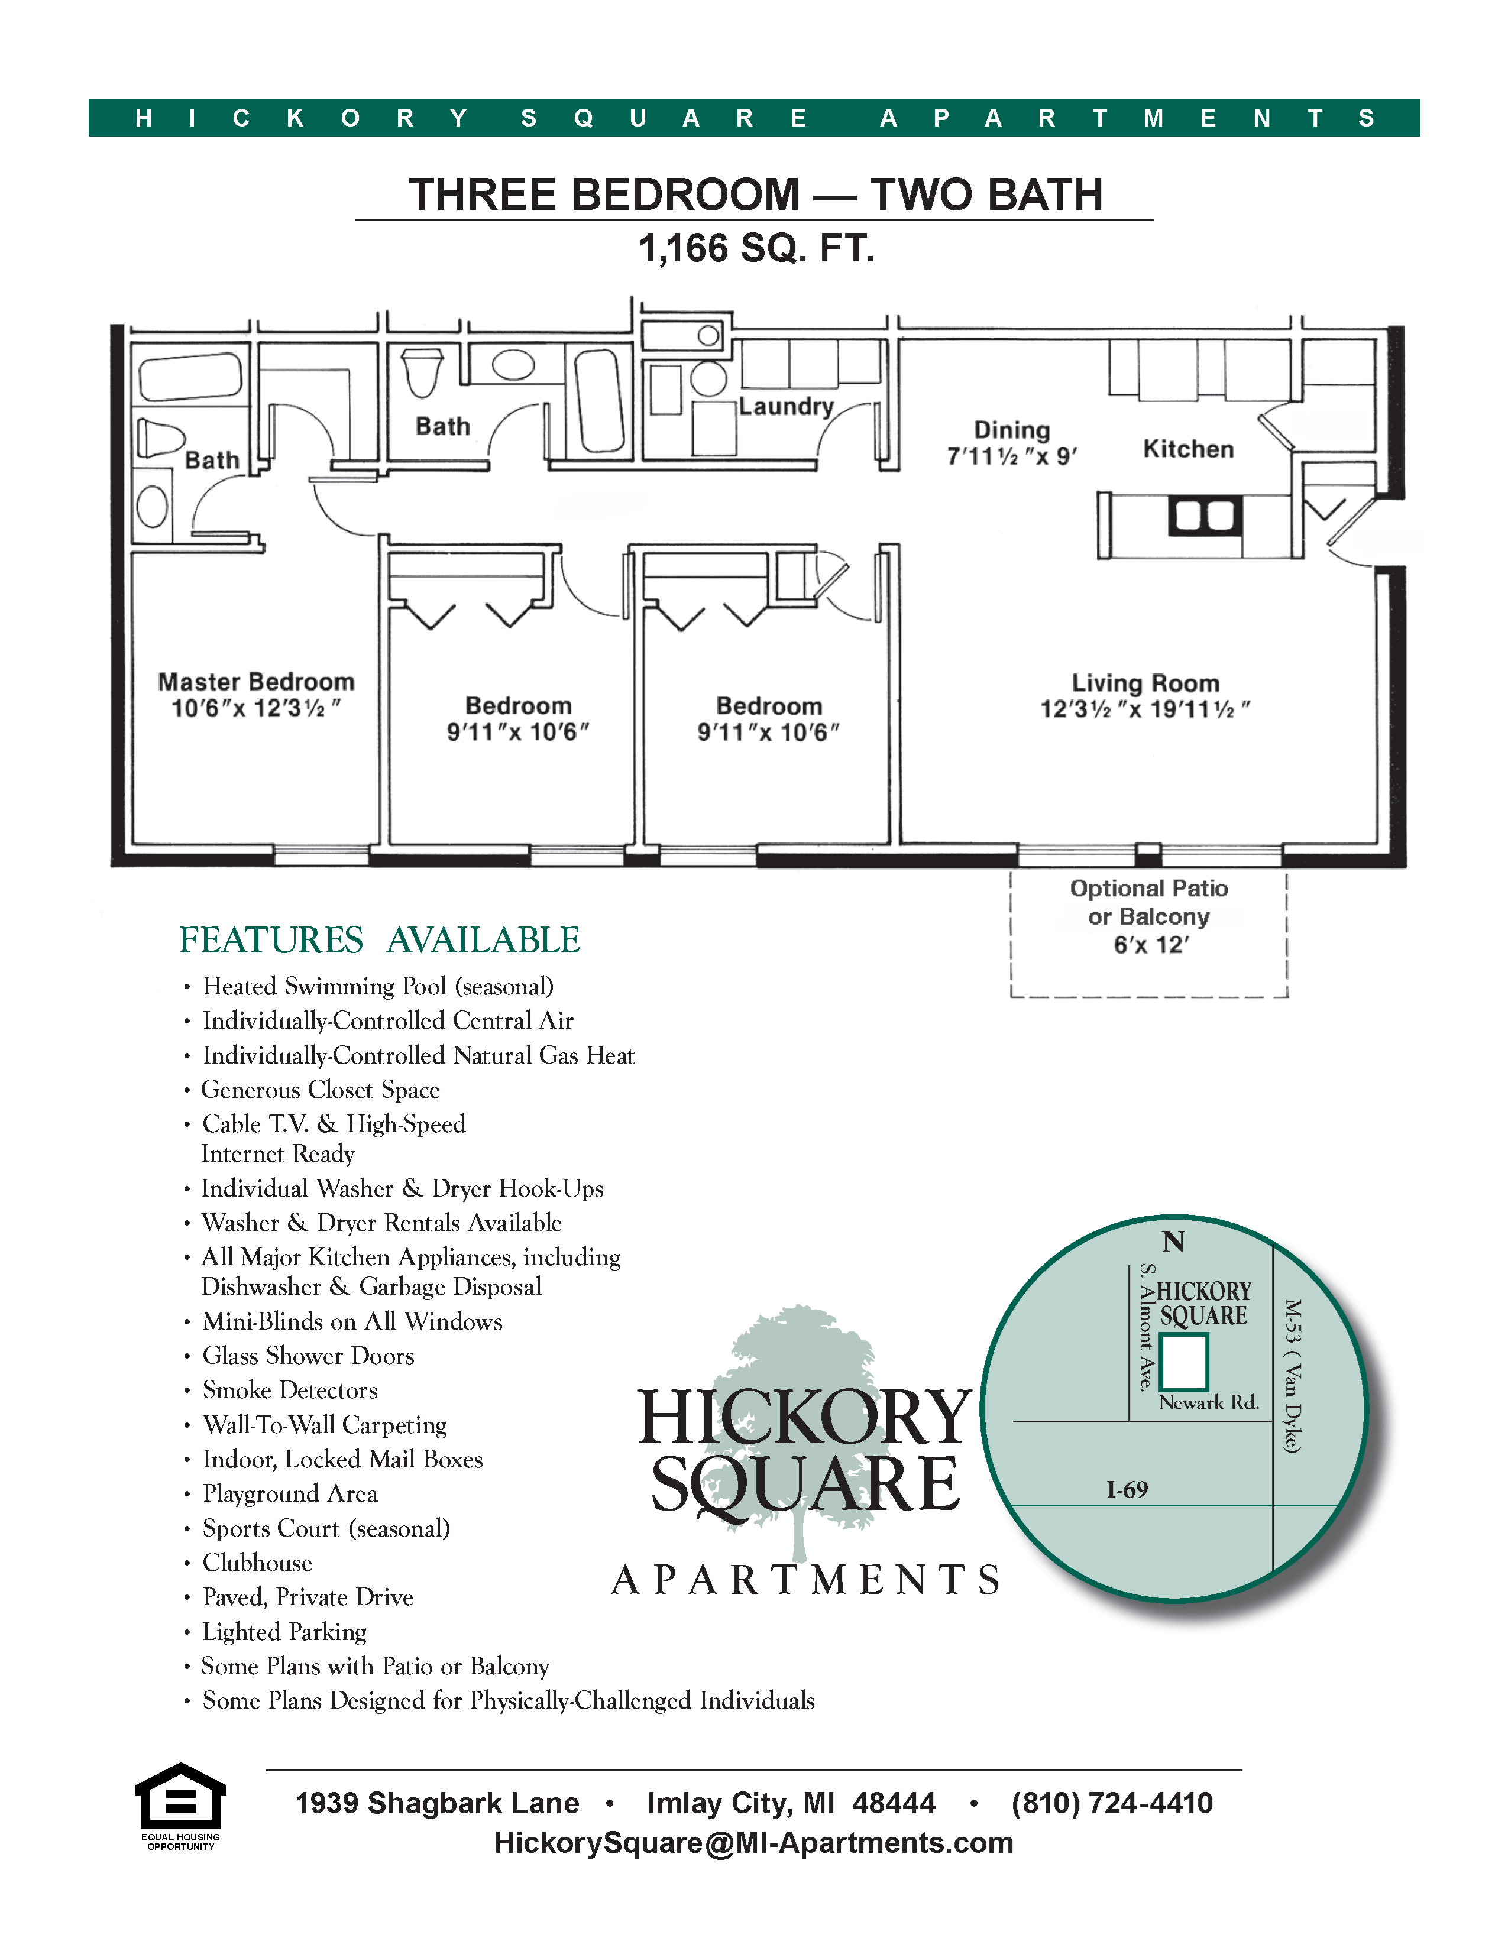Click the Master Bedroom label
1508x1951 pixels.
click(257, 682)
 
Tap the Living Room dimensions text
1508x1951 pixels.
click(1144, 710)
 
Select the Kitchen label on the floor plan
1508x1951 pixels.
click(1188, 449)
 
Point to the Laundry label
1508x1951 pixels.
click(786, 407)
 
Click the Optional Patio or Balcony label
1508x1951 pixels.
click(1149, 903)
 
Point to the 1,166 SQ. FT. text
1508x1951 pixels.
click(755, 248)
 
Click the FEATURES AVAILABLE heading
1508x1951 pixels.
click(379, 940)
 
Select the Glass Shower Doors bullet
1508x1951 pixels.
click(308, 1356)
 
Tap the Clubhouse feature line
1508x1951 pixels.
click(257, 1563)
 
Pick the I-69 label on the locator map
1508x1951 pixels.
click(1127, 1489)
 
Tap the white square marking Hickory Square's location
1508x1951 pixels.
click(1184, 1362)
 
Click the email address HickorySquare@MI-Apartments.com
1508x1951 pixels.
click(754, 1842)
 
